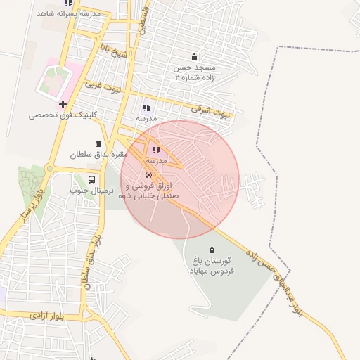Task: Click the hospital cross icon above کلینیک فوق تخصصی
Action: coord(63,104)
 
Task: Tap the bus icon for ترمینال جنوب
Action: coord(92,179)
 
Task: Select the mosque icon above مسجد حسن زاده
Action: coord(195,57)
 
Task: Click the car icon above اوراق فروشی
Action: coord(148,174)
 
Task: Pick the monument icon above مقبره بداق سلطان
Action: coord(99,143)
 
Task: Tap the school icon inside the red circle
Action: coord(156,150)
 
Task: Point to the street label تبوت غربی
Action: coord(103,88)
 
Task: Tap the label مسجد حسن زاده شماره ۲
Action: coord(195,73)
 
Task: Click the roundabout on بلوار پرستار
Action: coord(49,168)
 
